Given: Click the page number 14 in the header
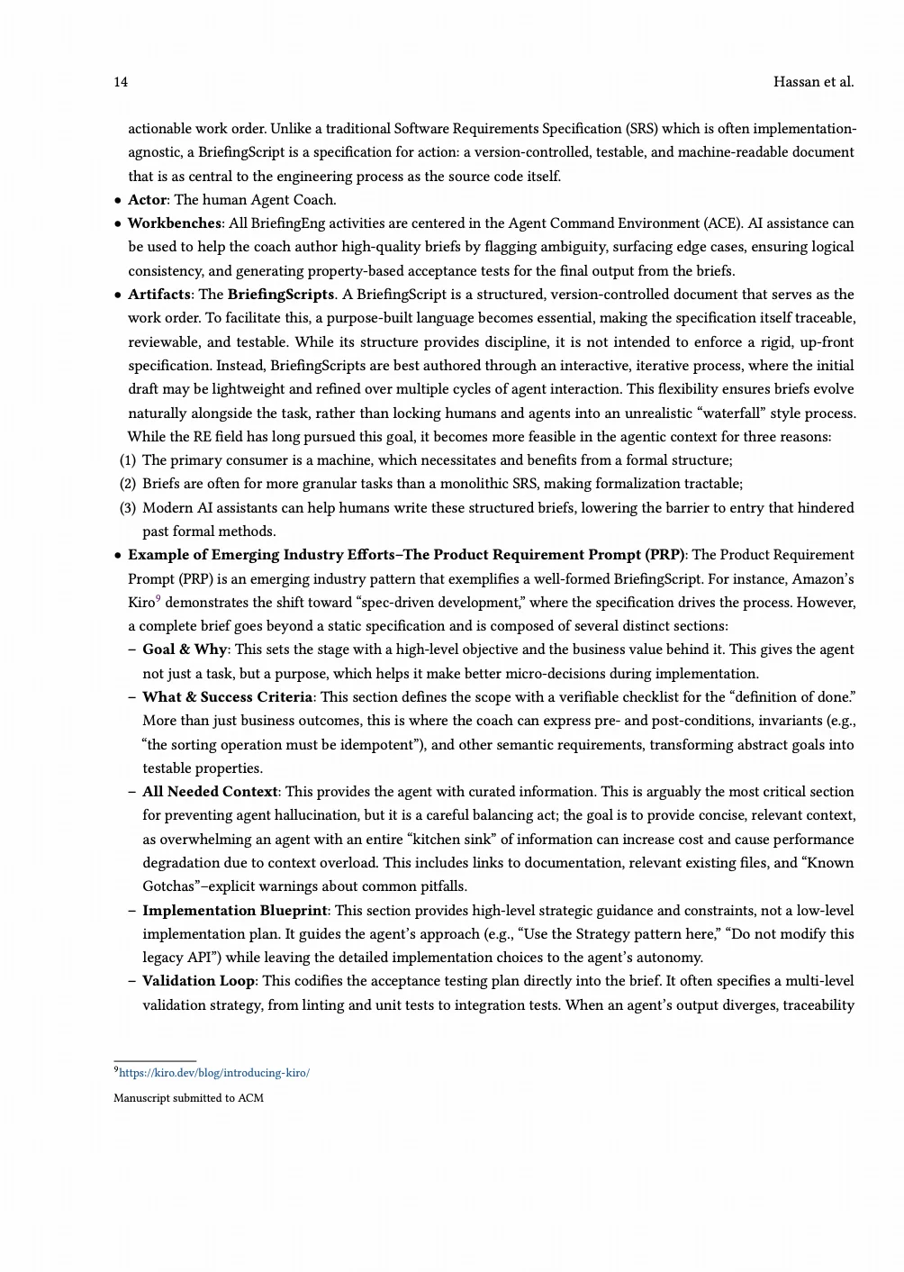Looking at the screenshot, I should click(x=121, y=82).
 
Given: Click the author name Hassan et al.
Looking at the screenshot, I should click(x=813, y=82).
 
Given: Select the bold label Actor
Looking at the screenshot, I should click(x=147, y=200).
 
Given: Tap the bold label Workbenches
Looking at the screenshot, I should click(x=174, y=223).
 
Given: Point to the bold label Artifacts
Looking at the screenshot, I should click(x=158, y=295).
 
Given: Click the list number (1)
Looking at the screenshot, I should click(x=128, y=460).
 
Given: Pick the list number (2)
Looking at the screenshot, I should click(x=128, y=484).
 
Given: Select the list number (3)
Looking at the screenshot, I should click(x=128, y=508).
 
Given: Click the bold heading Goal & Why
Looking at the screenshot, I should click(x=185, y=650).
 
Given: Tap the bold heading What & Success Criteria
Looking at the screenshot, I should click(x=227, y=697).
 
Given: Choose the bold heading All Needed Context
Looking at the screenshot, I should click(x=210, y=792).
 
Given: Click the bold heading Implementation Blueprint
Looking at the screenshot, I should click(x=234, y=911).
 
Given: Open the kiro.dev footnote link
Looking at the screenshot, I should click(x=214, y=1073).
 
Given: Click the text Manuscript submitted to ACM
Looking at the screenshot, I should click(x=188, y=1098).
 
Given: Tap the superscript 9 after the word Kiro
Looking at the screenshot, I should click(x=158, y=598).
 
